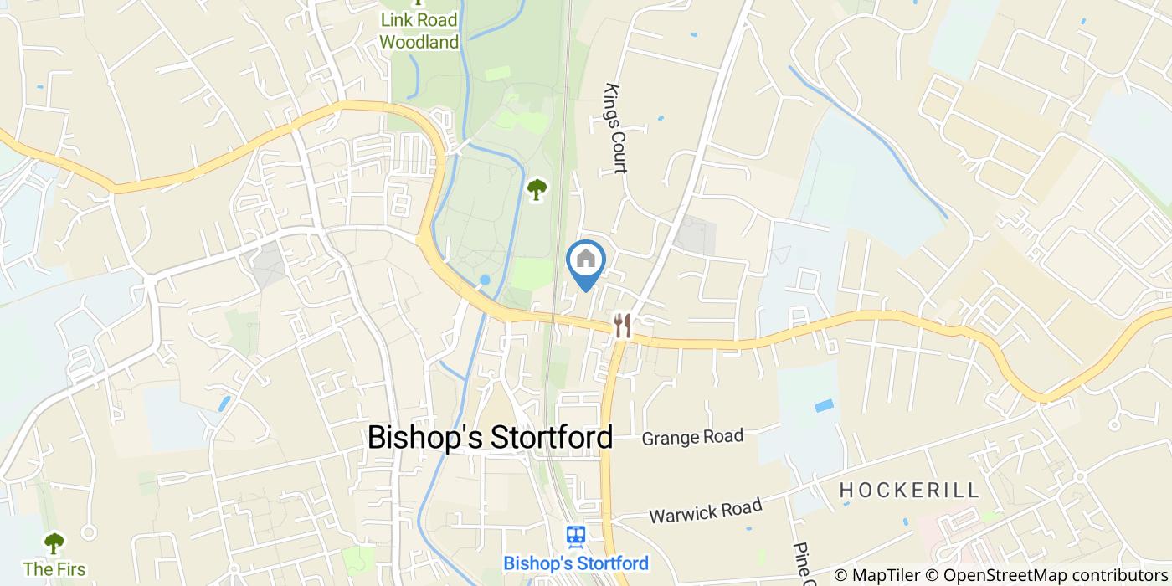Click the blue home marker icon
click(x=586, y=260)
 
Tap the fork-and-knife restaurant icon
click(x=622, y=325)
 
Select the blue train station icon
click(x=575, y=536)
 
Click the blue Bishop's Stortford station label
click(x=575, y=563)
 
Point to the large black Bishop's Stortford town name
click(x=490, y=437)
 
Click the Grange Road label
click(x=692, y=436)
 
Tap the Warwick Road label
click(x=706, y=510)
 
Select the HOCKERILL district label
click(x=909, y=490)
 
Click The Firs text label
click(x=54, y=569)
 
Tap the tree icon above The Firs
click(x=54, y=544)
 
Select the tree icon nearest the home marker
click(x=536, y=190)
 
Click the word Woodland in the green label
click(x=419, y=41)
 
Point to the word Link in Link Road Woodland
click(x=396, y=19)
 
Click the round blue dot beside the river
click(x=485, y=280)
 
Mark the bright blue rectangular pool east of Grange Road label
click(x=824, y=405)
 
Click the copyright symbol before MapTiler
click(x=841, y=575)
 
